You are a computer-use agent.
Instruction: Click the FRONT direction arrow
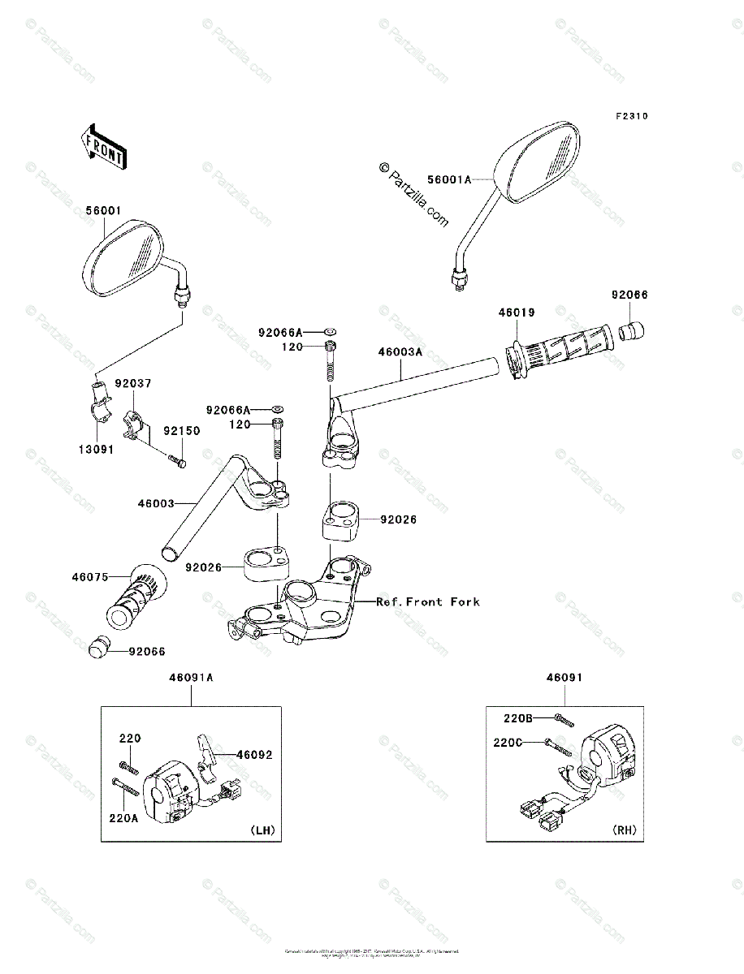click(102, 145)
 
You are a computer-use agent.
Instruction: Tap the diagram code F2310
click(630, 116)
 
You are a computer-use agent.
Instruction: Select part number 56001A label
click(450, 179)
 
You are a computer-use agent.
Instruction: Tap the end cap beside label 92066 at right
click(632, 330)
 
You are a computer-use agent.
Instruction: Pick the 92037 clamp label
click(132, 382)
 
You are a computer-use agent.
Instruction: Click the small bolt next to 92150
click(177, 462)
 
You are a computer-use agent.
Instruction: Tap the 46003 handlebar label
click(156, 503)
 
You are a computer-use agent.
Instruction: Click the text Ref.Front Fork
click(427, 601)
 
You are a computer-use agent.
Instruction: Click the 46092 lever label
click(254, 754)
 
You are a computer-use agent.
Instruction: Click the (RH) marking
click(625, 830)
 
